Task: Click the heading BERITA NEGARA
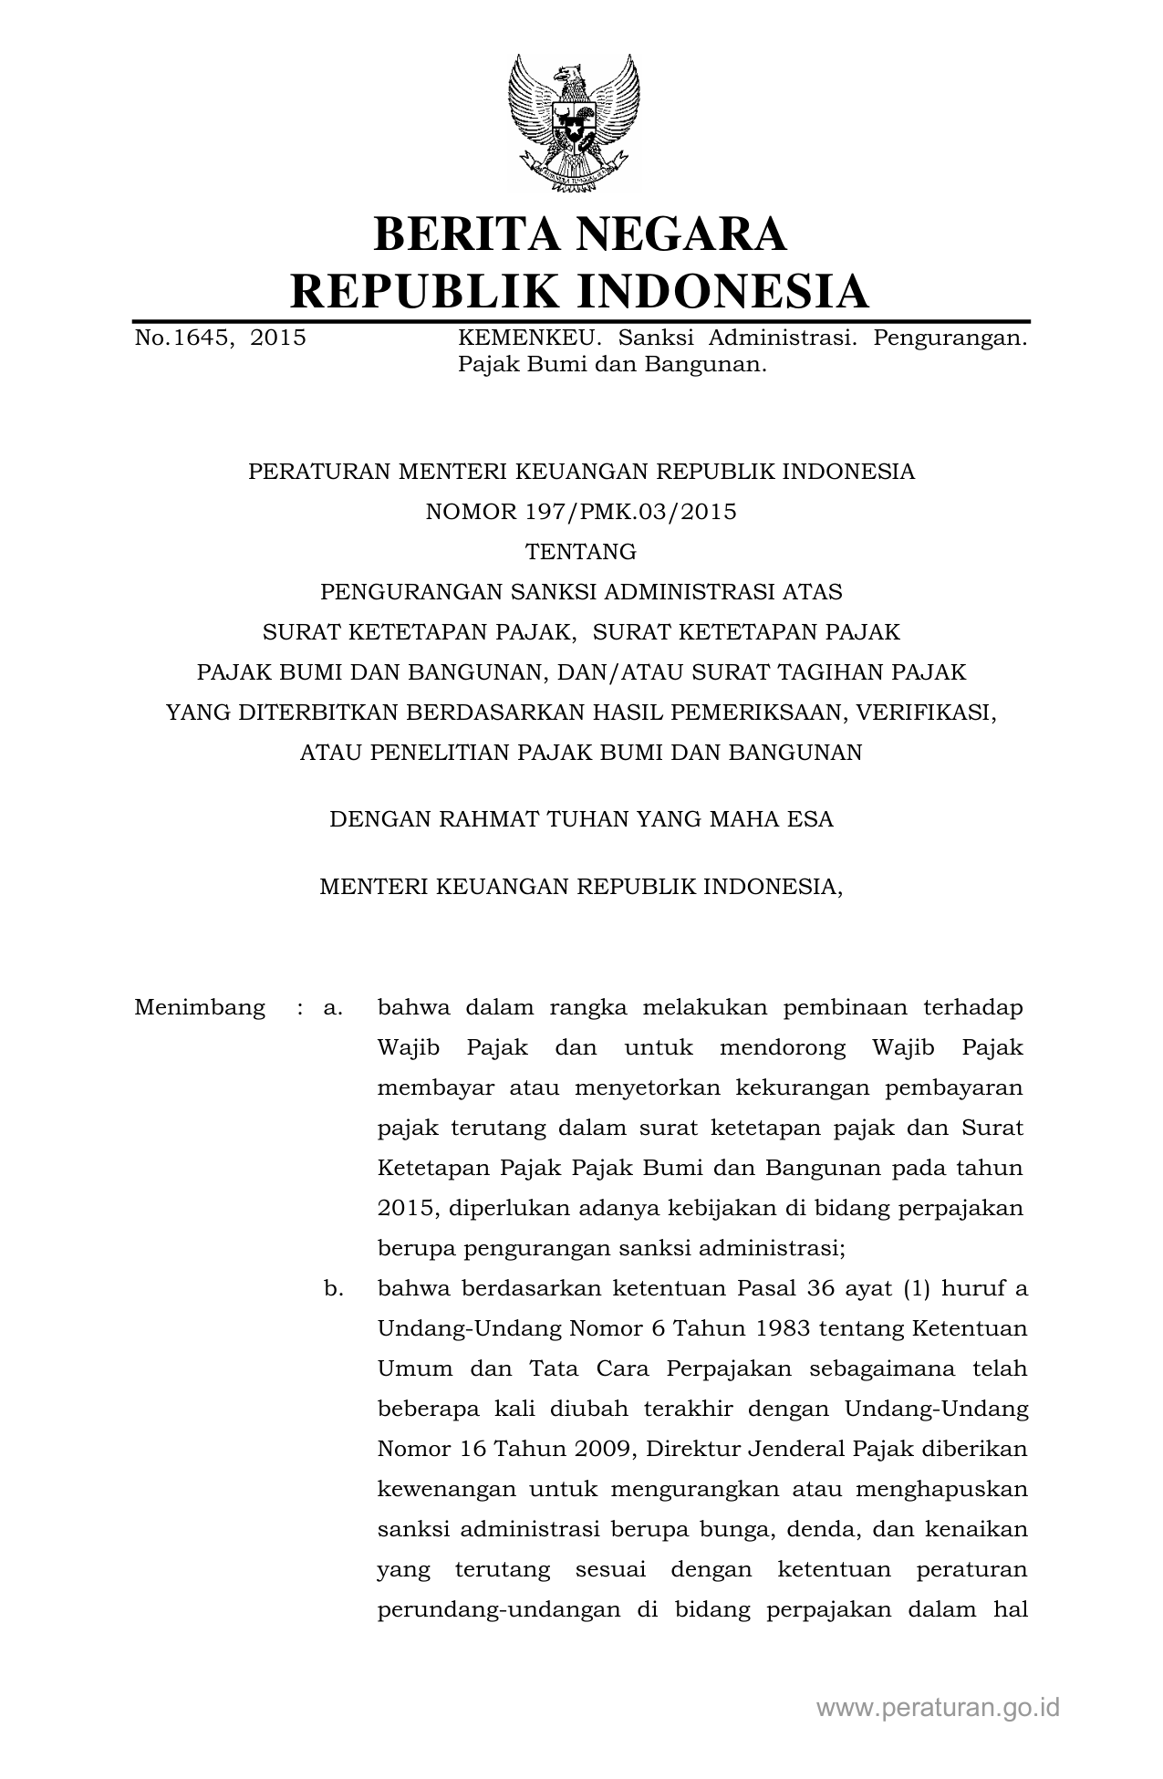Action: point(580,234)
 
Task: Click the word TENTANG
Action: point(581,552)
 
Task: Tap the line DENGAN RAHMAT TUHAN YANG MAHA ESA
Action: point(581,819)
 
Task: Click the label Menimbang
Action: point(200,1008)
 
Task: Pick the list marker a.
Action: point(333,1008)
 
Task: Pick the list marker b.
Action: point(333,1289)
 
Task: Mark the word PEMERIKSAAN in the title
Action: point(749,713)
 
